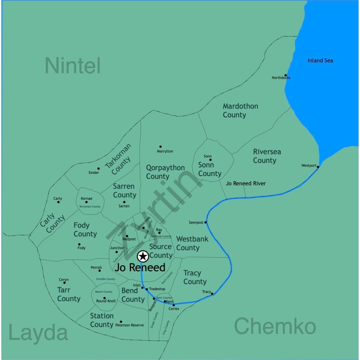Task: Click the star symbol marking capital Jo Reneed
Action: (x=143, y=256)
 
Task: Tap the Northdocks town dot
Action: (x=285, y=75)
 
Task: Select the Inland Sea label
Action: (x=320, y=60)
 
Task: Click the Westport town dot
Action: (x=318, y=167)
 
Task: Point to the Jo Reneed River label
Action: (x=246, y=184)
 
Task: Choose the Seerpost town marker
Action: (x=206, y=222)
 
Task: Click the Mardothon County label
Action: (x=240, y=110)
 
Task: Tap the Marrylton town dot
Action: (x=160, y=147)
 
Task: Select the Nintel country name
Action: (x=73, y=65)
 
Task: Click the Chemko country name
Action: (x=275, y=326)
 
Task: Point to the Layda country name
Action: (x=38, y=333)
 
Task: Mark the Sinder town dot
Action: (x=98, y=168)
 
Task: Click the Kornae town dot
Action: (x=86, y=202)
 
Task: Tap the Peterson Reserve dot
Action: (x=121, y=321)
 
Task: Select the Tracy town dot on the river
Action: (x=212, y=294)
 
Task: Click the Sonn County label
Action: (x=210, y=169)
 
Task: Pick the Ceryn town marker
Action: (x=64, y=283)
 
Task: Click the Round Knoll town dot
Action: (x=104, y=298)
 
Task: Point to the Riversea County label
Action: (x=267, y=156)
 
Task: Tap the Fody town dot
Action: (x=79, y=244)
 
